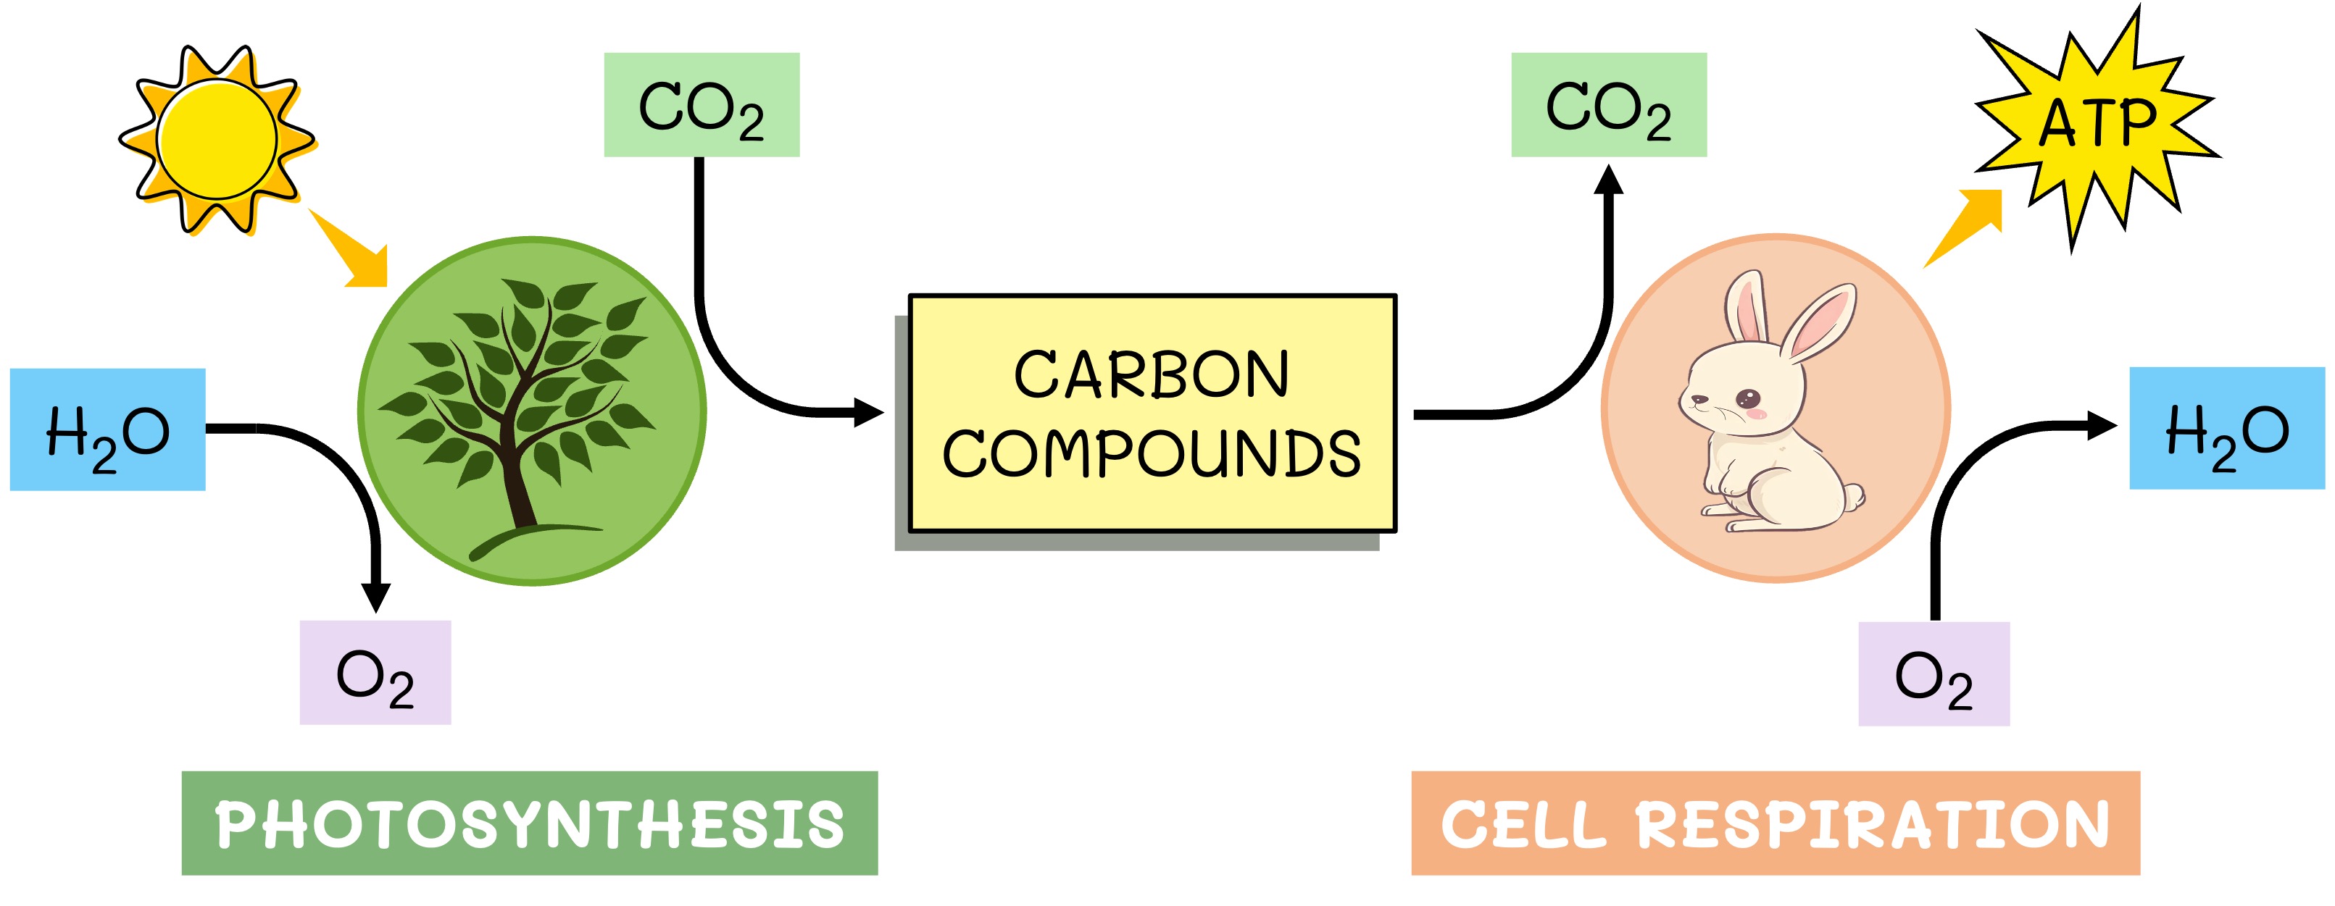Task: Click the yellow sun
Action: coord(216,138)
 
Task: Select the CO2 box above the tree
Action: coord(702,105)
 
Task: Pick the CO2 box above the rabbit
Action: coord(1608,105)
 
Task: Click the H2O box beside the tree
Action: coord(107,429)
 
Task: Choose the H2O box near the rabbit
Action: coord(2226,429)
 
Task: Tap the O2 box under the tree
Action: coord(375,672)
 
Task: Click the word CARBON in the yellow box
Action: coord(1151,374)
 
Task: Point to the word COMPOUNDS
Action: coord(1151,453)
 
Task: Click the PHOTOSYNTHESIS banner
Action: coord(529,823)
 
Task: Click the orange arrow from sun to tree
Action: coord(351,250)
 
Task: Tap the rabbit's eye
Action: coord(1747,398)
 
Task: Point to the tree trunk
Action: coord(520,490)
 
